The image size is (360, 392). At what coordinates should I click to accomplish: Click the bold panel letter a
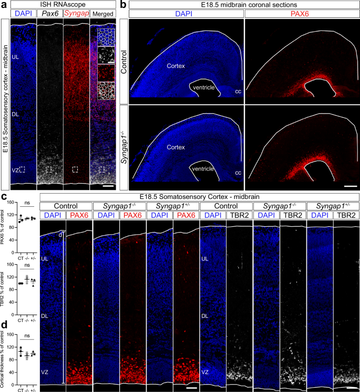click(x=4, y=5)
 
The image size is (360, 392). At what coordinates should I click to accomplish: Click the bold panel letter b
click(x=122, y=5)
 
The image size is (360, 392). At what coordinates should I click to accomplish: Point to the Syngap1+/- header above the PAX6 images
click(x=172, y=206)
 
